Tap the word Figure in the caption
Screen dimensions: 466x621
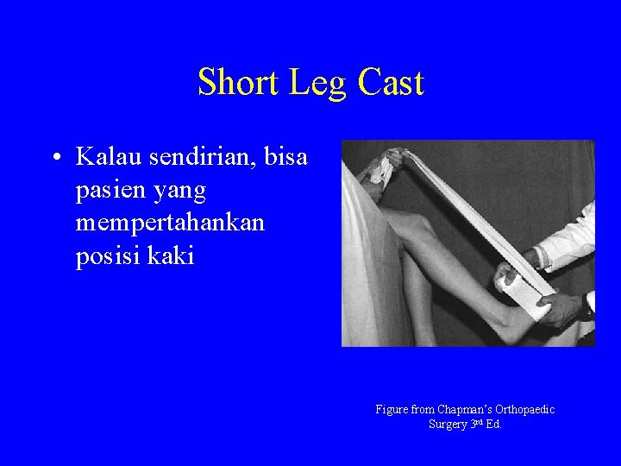click(392, 410)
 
